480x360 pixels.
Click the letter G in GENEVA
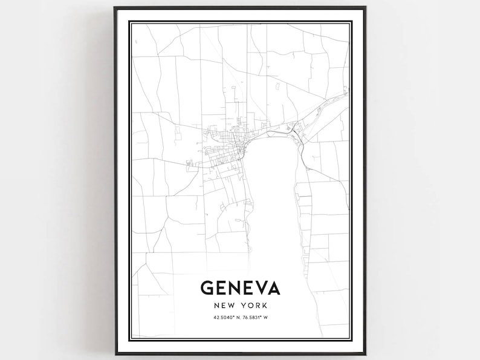(207, 289)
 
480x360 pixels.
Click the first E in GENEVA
(222, 289)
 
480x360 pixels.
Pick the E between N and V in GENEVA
(250, 289)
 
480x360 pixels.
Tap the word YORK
(255, 306)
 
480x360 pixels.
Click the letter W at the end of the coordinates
(272, 319)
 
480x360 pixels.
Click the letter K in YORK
(264, 306)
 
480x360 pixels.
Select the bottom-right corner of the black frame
(365, 354)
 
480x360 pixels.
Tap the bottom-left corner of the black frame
(115, 354)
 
